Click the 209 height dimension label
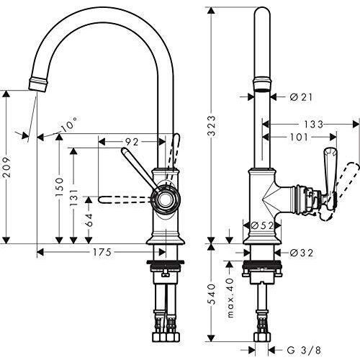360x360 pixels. pos(7,167)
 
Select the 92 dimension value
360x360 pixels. pos(132,142)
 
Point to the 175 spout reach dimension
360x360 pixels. pos(102,252)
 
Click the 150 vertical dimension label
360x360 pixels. pos(60,187)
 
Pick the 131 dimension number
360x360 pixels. pos(74,198)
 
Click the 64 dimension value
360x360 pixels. pos(89,220)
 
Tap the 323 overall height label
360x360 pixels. pos(212,126)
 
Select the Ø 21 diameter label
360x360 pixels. pos(301,97)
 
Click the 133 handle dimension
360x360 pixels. pos(314,125)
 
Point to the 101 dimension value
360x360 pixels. pos(299,138)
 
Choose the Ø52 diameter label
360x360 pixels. pos(262,225)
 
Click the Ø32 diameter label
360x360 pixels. pos(302,253)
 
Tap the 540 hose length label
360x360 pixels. pos(212,294)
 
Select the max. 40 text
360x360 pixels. pos(230,298)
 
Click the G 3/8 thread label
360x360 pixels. pos(304,350)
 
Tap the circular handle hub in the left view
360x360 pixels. pos(166,199)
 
